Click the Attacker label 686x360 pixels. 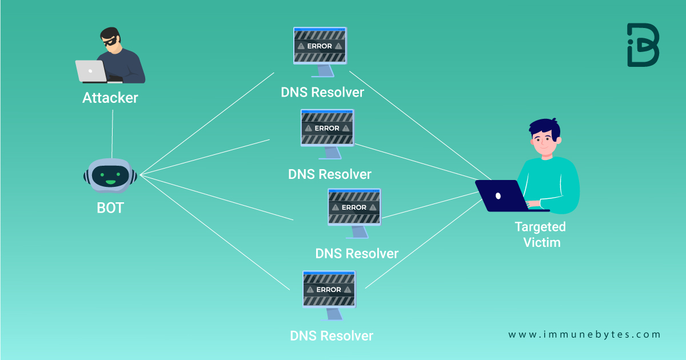(x=110, y=98)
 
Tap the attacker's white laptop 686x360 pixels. (x=91, y=71)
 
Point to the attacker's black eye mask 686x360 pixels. (x=110, y=41)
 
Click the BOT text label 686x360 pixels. (x=110, y=207)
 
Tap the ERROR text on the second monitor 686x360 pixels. (x=327, y=129)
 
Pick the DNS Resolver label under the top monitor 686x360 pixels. (x=322, y=92)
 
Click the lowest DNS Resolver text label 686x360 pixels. (x=332, y=335)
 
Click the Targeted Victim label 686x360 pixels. (x=540, y=234)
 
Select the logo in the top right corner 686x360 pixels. (x=643, y=45)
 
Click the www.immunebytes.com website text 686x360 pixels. (x=584, y=335)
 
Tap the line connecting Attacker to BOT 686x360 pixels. (x=112, y=134)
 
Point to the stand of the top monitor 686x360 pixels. (x=323, y=71)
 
